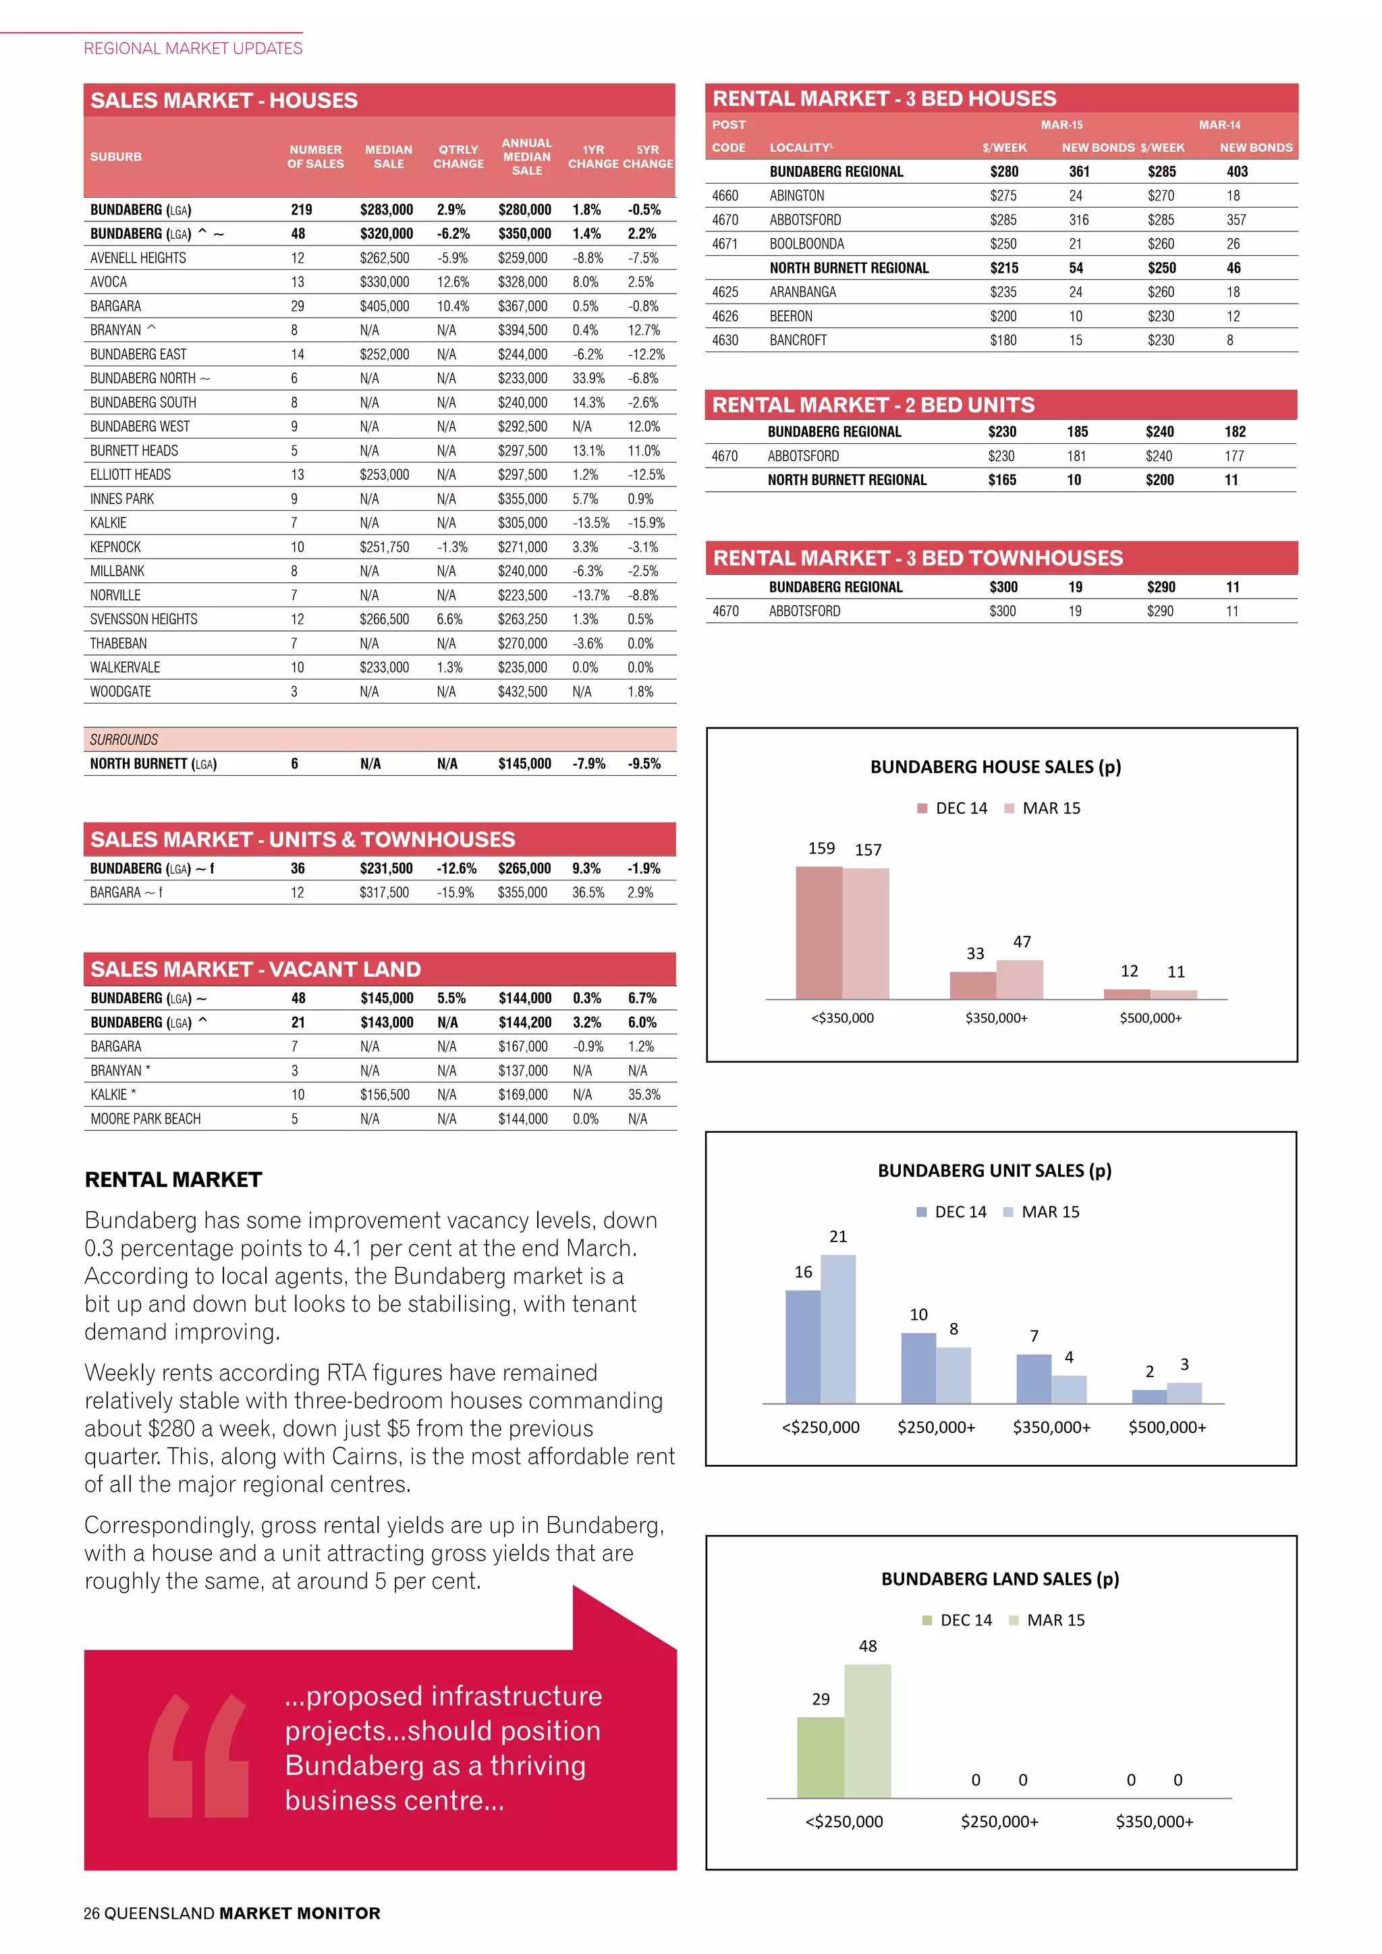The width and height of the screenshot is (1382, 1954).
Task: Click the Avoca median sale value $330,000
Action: click(384, 281)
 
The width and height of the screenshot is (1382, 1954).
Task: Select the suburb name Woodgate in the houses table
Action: click(121, 692)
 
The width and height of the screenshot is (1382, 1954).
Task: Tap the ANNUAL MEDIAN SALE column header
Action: click(527, 157)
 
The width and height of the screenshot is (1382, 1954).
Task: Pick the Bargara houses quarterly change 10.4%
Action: click(452, 306)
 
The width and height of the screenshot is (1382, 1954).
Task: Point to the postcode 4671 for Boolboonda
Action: click(725, 244)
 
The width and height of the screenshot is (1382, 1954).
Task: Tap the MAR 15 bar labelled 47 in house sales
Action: click(1020, 980)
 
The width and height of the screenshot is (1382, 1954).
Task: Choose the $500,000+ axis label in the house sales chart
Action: click(1151, 1018)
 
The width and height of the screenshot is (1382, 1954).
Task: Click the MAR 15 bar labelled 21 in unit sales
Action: click(838, 1329)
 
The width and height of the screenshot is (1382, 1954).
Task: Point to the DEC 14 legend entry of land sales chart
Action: click(958, 1621)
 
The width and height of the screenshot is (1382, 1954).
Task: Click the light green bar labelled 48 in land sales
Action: click(867, 1731)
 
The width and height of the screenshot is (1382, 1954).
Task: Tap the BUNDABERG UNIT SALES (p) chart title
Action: click(995, 1171)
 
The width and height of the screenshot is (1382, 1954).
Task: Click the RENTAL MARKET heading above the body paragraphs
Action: click(173, 1179)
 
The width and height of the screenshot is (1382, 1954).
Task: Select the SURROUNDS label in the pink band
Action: click(124, 739)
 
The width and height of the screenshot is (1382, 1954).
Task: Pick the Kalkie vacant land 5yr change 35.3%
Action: click(644, 1095)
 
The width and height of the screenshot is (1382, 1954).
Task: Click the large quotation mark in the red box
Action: click(198, 1755)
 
